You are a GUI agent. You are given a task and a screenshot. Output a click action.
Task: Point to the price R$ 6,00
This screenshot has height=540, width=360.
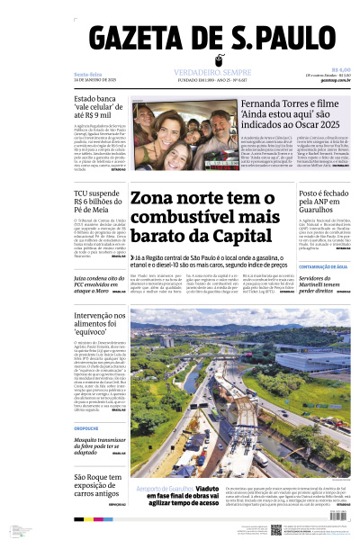tap(341, 69)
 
